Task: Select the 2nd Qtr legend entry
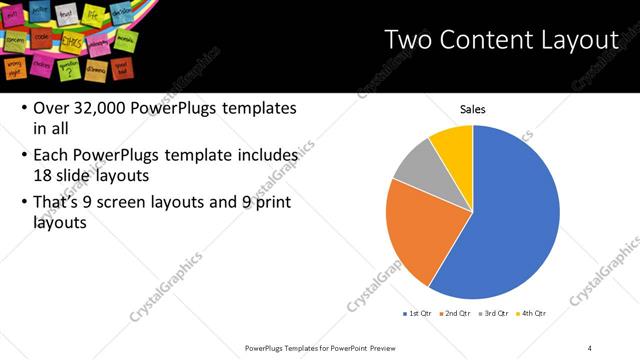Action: click(456, 314)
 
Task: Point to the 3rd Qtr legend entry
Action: click(495, 314)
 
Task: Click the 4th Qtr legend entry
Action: click(533, 314)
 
